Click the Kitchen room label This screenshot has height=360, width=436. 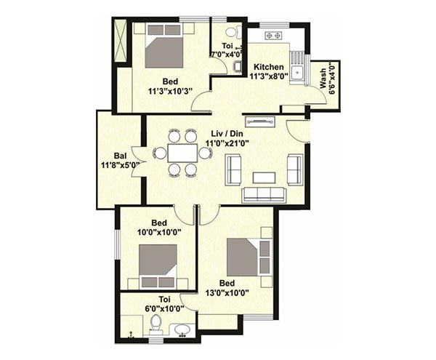[x=269, y=67]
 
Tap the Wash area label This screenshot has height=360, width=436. [x=323, y=79]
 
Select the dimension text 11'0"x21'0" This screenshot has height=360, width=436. [x=227, y=143]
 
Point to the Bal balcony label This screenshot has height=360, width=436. [x=120, y=156]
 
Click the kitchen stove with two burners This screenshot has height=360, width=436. [x=273, y=36]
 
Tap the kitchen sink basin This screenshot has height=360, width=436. [x=298, y=73]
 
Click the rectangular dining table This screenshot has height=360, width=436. [x=182, y=153]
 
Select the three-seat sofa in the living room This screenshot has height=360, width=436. [x=264, y=194]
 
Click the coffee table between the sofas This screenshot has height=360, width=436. [x=265, y=177]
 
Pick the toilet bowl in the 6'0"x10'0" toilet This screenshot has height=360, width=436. [x=156, y=324]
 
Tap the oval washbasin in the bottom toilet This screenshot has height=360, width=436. [x=182, y=330]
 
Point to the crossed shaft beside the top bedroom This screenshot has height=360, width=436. [x=121, y=41]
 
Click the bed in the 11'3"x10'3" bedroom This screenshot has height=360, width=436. [x=164, y=45]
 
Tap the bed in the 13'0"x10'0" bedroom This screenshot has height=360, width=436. [x=249, y=257]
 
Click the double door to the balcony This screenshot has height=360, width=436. [x=137, y=161]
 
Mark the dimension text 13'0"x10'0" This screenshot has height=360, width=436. [x=227, y=293]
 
